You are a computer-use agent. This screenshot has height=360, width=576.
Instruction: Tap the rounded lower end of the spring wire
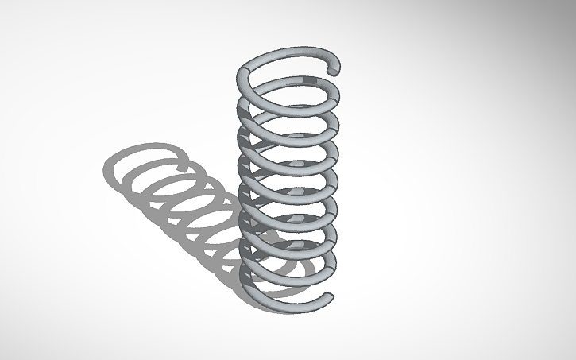[327, 298]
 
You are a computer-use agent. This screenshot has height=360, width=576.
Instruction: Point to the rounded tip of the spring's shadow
[184, 166]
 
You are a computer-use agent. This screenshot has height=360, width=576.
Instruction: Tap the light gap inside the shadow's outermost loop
[143, 171]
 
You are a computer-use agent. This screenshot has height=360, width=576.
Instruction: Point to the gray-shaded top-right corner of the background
[556, 16]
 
